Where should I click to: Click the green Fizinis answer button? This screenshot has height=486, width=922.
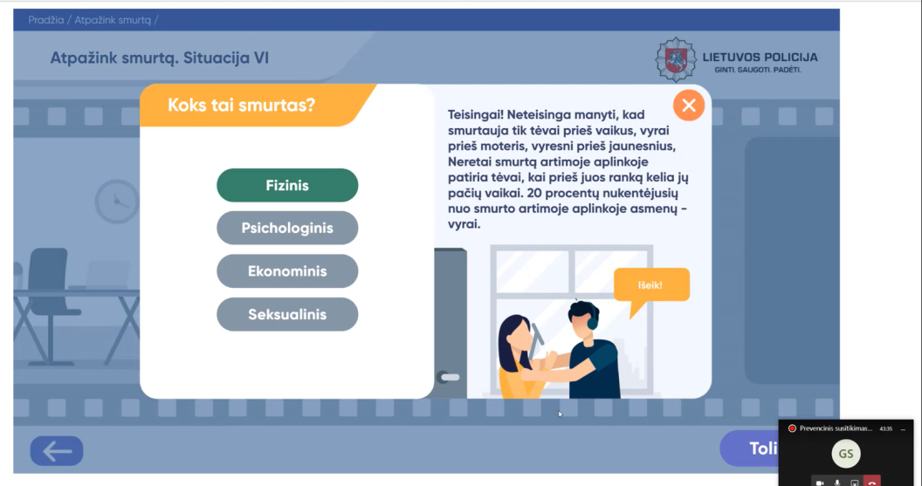tap(287, 185)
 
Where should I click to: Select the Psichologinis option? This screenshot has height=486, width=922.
tap(287, 228)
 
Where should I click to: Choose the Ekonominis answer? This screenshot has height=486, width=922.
tap(287, 270)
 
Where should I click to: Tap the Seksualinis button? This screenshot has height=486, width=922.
tap(287, 314)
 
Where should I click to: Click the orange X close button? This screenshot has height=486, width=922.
tap(689, 106)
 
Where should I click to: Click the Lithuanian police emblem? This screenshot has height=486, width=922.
tap(676, 59)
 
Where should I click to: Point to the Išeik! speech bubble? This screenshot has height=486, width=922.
tap(651, 286)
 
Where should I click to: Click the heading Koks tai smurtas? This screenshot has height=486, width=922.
tap(241, 106)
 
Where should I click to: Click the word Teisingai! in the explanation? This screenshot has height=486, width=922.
tap(474, 114)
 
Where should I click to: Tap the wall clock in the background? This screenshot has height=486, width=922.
tap(117, 202)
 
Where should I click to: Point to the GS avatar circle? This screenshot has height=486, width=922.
tap(845, 454)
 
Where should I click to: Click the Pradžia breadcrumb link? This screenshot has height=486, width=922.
tap(46, 20)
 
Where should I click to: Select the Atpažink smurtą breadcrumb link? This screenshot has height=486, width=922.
tap(113, 20)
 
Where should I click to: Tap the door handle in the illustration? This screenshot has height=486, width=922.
tap(449, 377)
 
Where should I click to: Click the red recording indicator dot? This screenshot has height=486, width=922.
tap(792, 428)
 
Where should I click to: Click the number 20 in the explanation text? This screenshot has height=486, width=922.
tap(534, 193)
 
